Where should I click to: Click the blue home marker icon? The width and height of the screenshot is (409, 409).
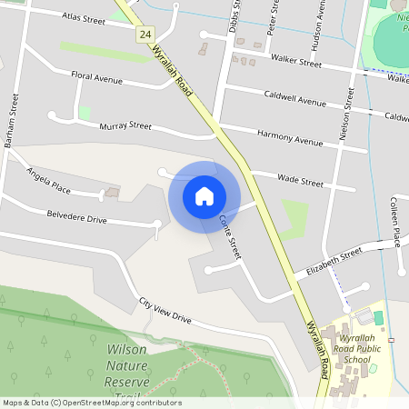pos(204,196)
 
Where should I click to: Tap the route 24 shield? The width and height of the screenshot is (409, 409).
pos(145,34)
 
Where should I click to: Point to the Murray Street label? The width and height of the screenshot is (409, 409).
pos(125,125)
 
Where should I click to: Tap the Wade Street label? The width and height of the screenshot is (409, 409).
pos(300,182)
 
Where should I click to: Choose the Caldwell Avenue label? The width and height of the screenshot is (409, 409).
pos(294,97)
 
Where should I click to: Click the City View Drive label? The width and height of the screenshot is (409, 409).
pos(165,311)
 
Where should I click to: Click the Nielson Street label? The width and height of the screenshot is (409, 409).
pos(346,113)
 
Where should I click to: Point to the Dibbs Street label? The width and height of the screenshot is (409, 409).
pos(234,16)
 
